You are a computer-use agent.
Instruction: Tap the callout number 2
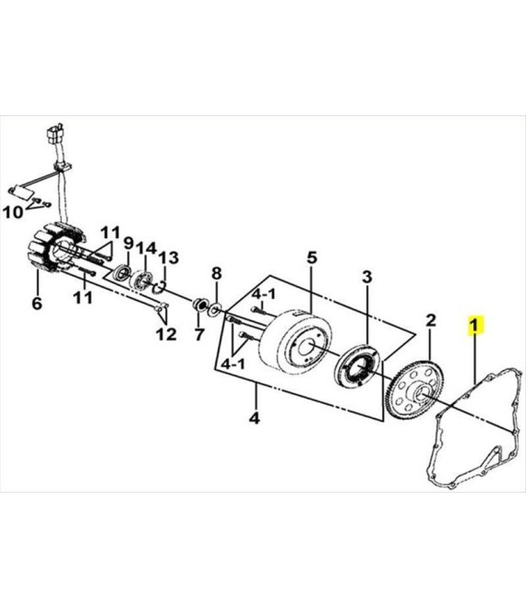431,320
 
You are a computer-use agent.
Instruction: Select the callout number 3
367,277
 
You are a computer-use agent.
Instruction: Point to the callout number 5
312,257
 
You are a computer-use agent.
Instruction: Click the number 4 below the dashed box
254,418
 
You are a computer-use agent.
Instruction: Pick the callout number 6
37,303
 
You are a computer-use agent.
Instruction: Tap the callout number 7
199,334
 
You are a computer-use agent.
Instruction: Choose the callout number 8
216,273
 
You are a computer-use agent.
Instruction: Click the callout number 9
128,244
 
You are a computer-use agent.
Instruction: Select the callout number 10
13,212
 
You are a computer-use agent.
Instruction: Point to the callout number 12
166,334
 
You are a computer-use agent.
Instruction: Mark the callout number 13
168,257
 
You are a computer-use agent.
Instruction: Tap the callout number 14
146,248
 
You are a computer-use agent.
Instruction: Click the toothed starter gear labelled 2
415,390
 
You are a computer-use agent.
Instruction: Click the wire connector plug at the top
56,132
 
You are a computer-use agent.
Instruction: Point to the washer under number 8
215,309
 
